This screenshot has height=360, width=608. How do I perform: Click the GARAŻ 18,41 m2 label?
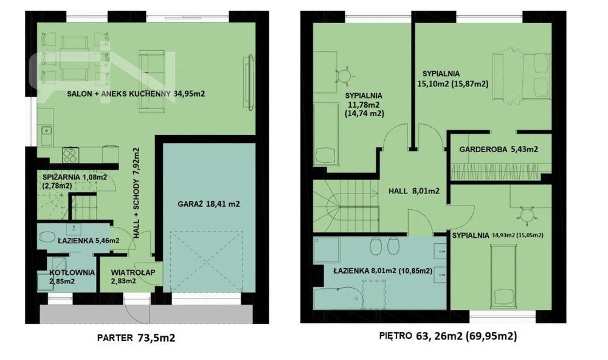209,204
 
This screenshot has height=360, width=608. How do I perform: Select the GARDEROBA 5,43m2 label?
499,149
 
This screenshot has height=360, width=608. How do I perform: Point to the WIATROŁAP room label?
133,272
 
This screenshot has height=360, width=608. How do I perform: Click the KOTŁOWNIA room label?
72,272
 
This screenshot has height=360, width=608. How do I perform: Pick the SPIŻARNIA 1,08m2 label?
74,178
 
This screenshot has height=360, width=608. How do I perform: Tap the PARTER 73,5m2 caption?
136,337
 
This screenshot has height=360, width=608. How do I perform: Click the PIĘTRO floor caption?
448,336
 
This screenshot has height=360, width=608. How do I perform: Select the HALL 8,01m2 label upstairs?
414,191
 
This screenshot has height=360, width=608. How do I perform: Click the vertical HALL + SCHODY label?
136,193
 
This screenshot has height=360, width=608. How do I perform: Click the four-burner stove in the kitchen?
70,155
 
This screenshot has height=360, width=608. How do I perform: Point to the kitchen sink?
47,136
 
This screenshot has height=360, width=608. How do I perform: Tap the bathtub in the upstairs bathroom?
337,298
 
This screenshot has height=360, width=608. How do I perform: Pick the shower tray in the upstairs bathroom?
326,249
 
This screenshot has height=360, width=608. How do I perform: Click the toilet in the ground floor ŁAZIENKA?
47,237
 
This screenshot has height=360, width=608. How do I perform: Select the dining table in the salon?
75,58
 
